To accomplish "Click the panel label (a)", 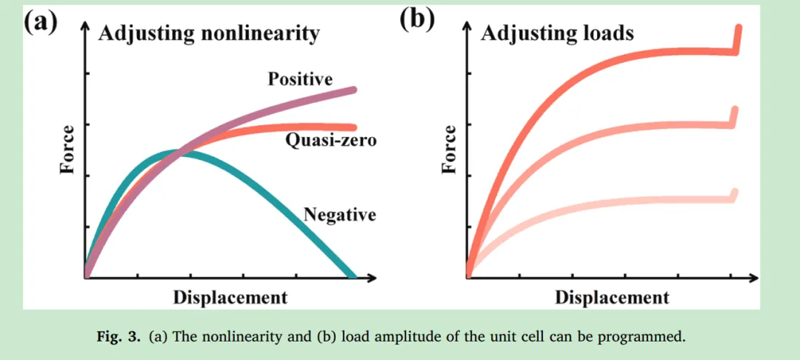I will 41,20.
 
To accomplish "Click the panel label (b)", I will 416,18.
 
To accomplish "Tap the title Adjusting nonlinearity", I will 209,33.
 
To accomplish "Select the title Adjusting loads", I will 557,33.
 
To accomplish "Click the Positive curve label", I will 300,79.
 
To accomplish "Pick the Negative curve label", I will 339,215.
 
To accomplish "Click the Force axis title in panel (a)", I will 67,150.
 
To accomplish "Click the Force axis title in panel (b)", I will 449,150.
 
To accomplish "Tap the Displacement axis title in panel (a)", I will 230,298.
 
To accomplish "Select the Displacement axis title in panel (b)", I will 612,298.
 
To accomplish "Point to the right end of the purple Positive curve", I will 353,90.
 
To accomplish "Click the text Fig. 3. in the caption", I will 119,337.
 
